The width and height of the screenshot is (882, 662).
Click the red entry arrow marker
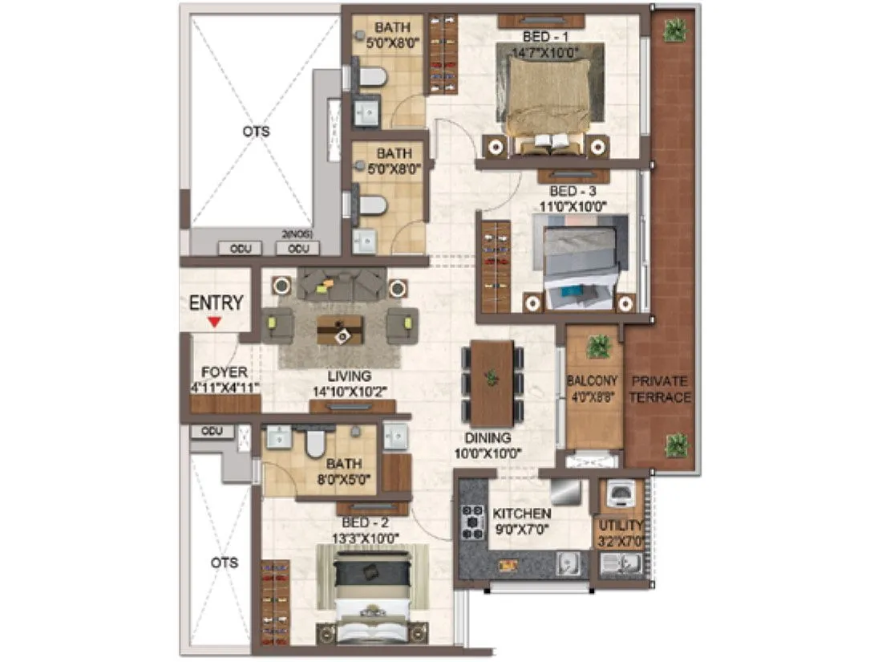tap(214, 322)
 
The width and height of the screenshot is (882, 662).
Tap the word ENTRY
tap(216, 303)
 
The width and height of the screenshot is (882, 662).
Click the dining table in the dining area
tap(492, 383)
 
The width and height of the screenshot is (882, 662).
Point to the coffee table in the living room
tap(339, 328)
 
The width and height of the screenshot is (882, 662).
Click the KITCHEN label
tap(521, 514)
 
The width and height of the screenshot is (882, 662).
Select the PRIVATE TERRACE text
tap(661, 389)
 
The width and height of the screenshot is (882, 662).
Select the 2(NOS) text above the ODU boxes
tap(297, 234)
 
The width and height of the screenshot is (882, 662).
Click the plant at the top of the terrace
tap(675, 30)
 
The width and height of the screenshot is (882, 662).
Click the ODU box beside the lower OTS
tap(212, 432)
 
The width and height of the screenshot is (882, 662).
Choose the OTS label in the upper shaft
tap(256, 131)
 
